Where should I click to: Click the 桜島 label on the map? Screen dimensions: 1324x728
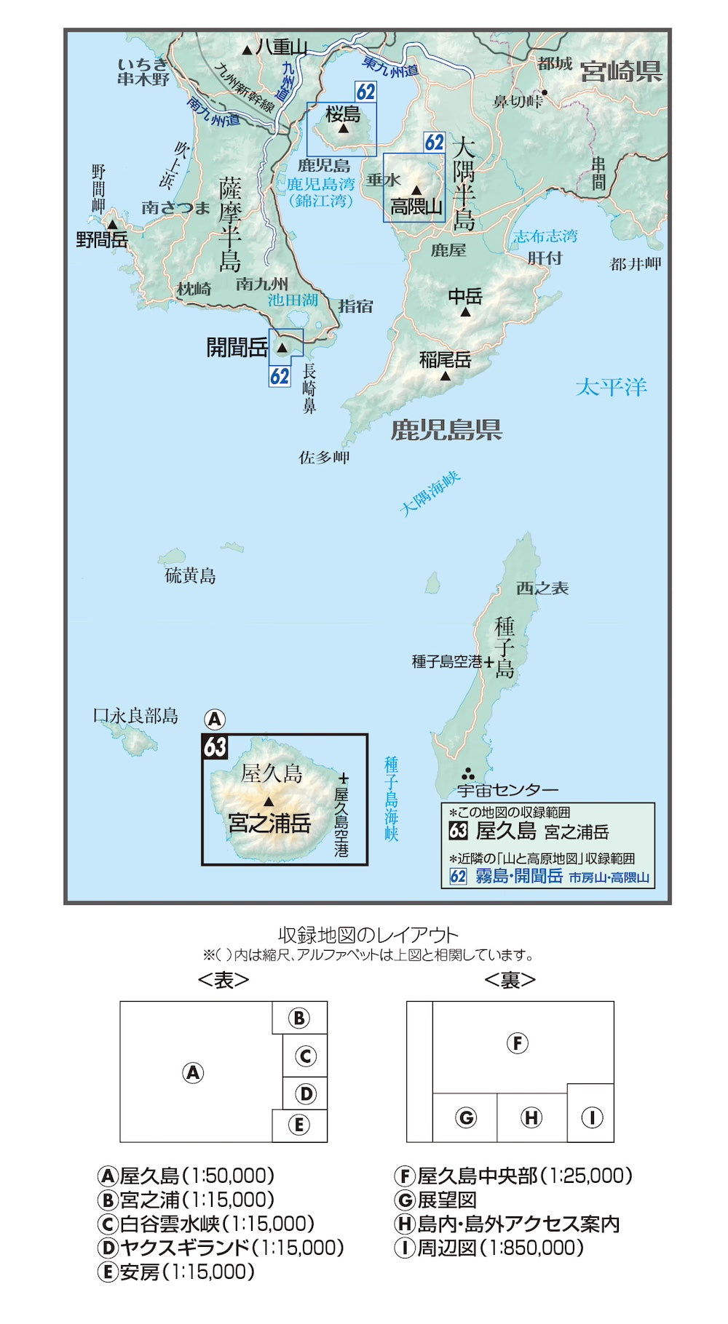(343, 113)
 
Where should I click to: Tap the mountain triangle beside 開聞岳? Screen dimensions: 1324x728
(282, 348)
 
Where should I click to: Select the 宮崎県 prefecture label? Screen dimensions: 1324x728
(621, 71)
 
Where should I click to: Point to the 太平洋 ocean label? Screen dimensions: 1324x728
(612, 387)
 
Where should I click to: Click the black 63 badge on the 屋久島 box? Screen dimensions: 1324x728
(215, 747)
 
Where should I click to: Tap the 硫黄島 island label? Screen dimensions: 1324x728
(190, 576)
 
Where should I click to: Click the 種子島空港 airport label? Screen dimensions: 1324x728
(447, 662)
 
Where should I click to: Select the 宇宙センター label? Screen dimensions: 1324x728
(507, 790)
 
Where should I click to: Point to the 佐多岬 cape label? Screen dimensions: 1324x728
(324, 458)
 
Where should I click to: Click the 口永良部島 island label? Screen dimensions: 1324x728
(135, 716)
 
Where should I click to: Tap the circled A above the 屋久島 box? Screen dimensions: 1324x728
(214, 719)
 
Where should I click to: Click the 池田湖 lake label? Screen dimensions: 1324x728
(293, 300)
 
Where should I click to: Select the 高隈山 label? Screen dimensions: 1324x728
(416, 207)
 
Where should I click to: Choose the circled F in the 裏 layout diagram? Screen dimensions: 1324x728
(517, 1043)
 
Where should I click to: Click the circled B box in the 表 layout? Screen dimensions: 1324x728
(299, 1018)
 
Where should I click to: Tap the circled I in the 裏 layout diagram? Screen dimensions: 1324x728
(591, 1117)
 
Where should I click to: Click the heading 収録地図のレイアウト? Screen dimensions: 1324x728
(368, 935)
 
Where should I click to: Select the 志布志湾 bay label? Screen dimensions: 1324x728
(545, 236)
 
